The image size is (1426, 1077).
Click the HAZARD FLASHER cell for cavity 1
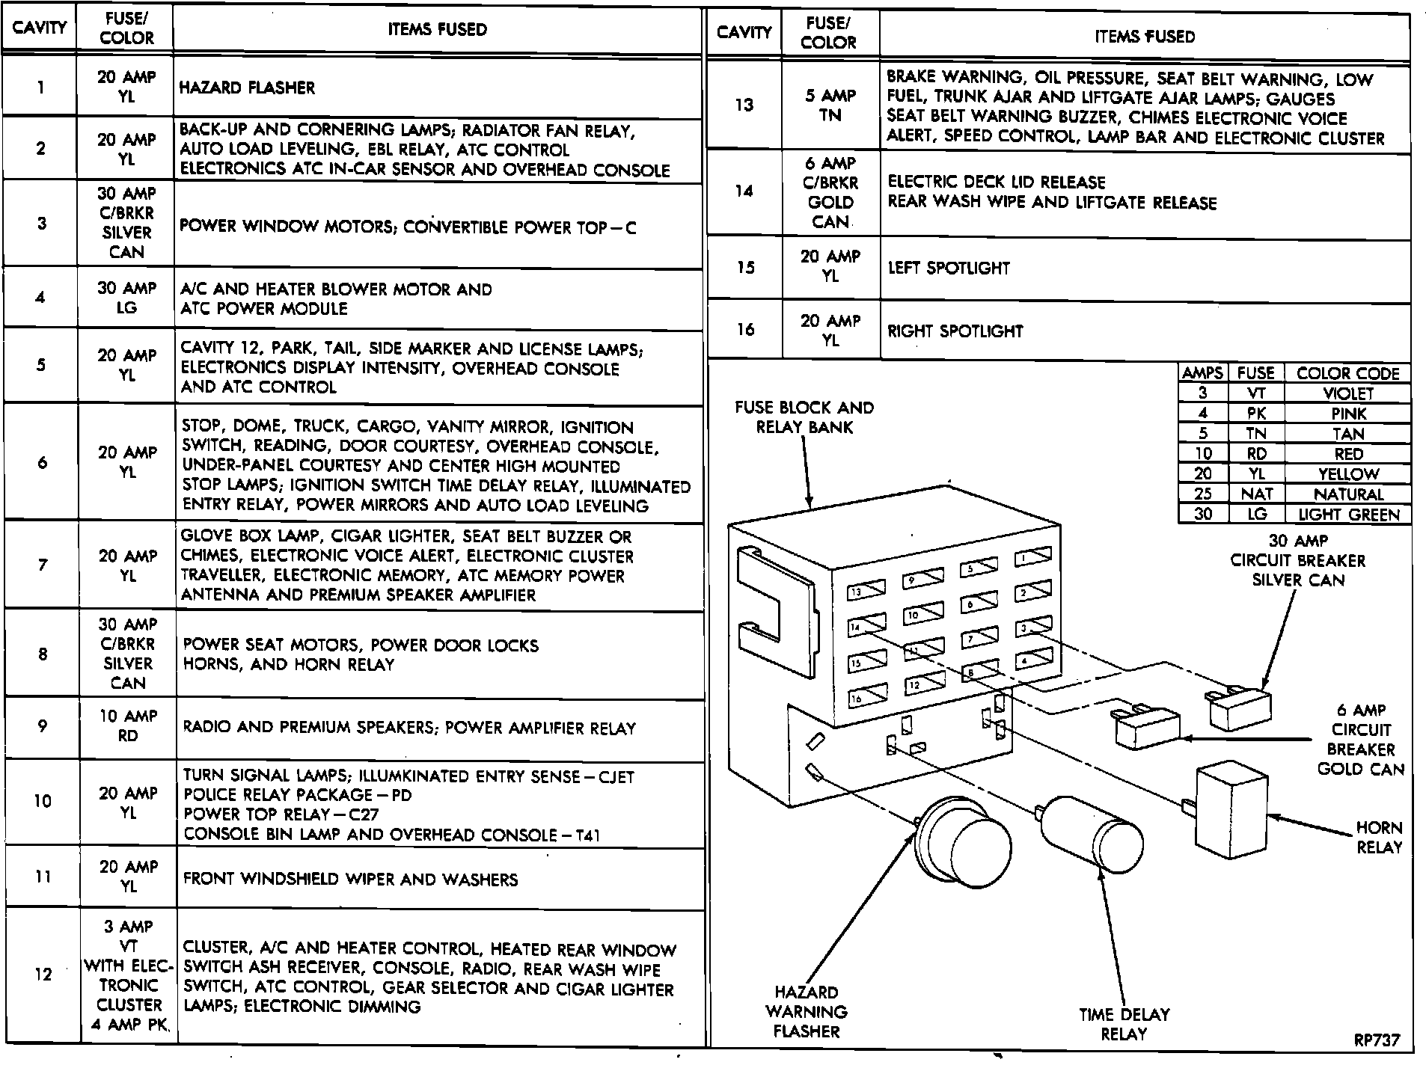click(247, 88)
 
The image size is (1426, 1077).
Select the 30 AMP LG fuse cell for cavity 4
click(126, 298)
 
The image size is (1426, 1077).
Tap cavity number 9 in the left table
click(42, 725)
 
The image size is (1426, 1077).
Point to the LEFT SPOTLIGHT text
click(949, 268)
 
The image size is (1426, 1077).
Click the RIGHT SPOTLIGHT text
click(955, 331)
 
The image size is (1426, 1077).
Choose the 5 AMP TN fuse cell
click(830, 105)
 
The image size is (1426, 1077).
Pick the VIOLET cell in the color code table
click(1348, 393)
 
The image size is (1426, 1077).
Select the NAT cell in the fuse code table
click(1256, 494)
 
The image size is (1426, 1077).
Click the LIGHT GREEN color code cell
click(1348, 515)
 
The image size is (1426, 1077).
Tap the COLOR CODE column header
click(1347, 373)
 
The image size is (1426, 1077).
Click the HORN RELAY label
click(1379, 838)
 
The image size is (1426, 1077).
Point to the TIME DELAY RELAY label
click(1124, 1024)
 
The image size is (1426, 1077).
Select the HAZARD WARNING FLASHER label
click(806, 1011)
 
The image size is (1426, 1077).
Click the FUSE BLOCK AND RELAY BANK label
click(804, 417)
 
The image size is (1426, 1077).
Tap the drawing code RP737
click(1377, 1040)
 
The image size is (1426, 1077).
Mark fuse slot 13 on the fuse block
click(866, 591)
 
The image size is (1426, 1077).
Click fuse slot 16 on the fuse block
click(866, 696)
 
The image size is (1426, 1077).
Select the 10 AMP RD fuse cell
click(128, 725)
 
